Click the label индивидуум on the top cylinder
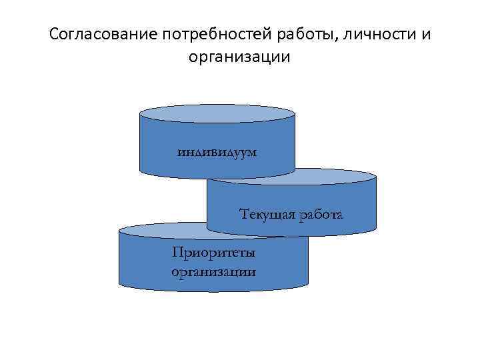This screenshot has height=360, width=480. pos(217,151)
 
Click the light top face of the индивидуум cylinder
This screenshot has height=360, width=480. pos(217,113)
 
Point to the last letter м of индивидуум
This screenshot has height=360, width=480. pos(252,152)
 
